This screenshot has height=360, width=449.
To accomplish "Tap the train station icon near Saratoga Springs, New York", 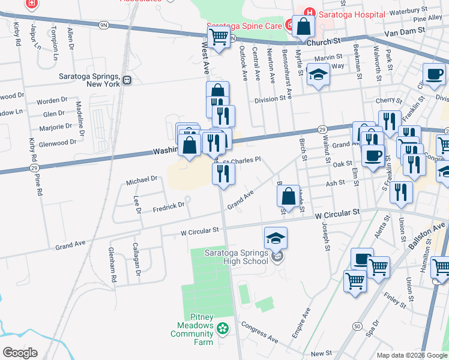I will [127, 80].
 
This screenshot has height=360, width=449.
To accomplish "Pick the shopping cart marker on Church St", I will [219, 37].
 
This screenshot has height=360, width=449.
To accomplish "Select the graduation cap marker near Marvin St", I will [318, 76].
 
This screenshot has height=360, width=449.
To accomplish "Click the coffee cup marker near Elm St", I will [373, 157].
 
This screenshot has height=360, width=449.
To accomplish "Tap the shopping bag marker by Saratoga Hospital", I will [304, 26].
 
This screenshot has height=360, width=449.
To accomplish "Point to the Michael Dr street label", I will [142, 179].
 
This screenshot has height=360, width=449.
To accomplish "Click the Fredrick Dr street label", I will [167, 206].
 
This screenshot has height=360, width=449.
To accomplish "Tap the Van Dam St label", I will [408, 31].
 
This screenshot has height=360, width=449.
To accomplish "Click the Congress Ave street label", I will [261, 332].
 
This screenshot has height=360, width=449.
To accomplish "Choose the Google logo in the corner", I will [19, 352].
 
